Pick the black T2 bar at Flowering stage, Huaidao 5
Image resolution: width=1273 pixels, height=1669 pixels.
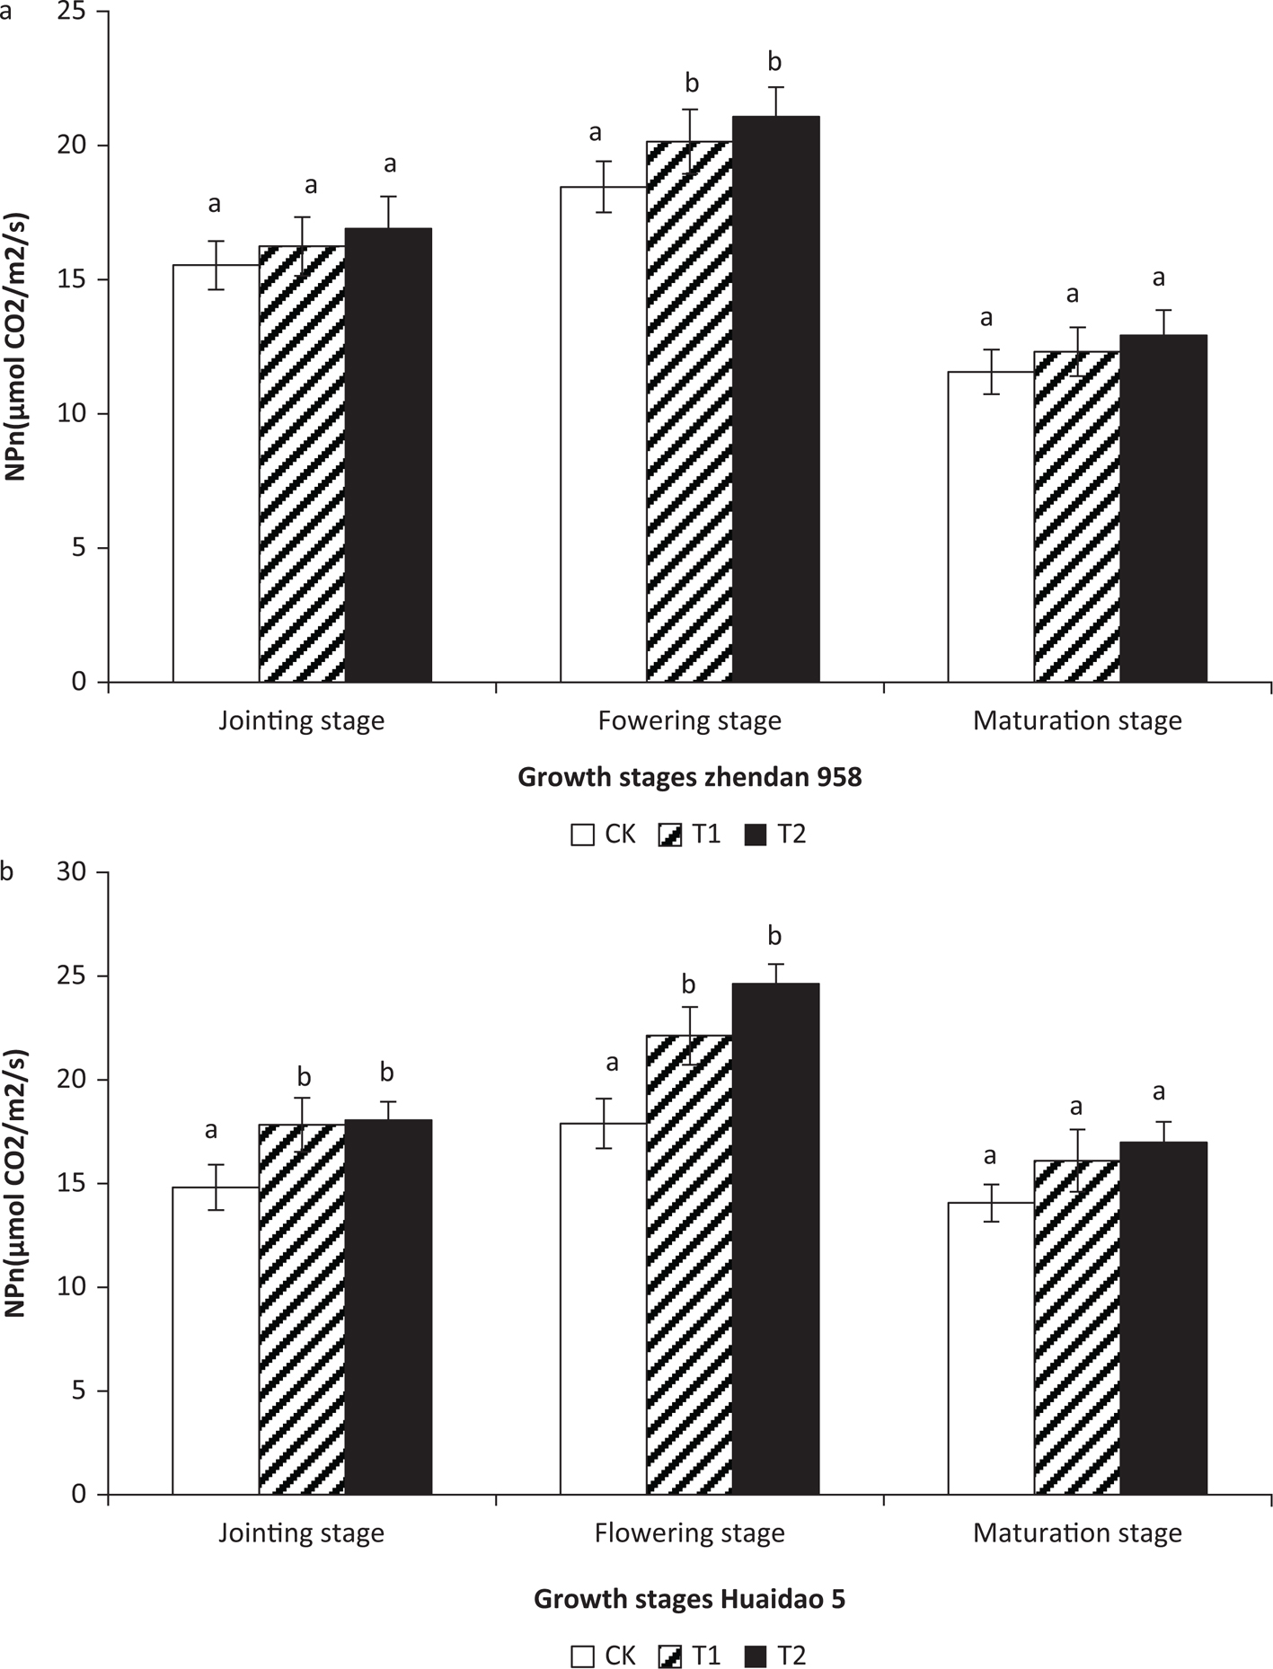tap(775, 1239)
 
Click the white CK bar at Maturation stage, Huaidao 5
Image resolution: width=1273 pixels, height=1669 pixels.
tap(990, 1348)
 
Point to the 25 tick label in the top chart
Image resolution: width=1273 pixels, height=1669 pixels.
tap(75, 12)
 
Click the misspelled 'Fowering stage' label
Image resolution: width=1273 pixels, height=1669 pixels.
tap(689, 720)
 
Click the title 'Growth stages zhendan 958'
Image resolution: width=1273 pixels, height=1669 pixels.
tap(689, 777)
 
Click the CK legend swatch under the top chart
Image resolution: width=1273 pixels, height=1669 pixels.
tap(582, 835)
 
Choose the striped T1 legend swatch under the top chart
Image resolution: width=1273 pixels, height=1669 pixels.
tap(670, 835)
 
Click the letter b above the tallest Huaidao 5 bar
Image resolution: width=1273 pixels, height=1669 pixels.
tap(774, 936)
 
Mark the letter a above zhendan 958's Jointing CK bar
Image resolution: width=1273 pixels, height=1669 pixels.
tap(215, 204)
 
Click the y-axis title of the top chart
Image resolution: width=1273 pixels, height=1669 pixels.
tap(18, 346)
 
